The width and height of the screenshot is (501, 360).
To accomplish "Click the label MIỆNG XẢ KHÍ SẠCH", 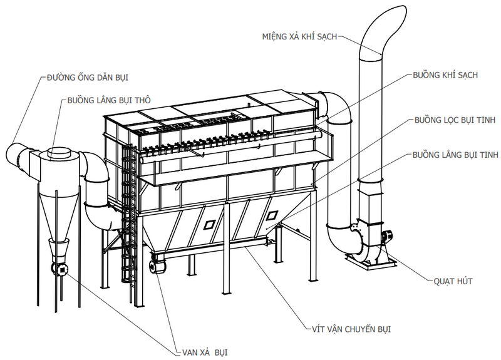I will tap(299, 36).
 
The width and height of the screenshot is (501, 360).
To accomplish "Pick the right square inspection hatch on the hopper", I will tap(271, 215).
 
